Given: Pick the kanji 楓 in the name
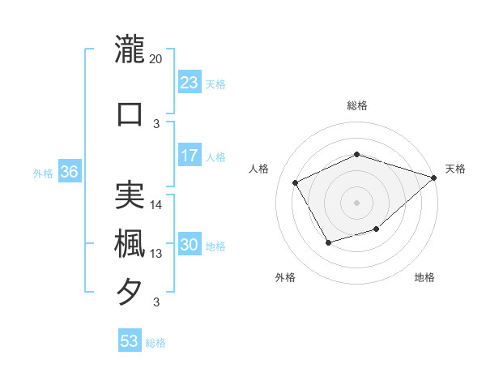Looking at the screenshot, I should click(130, 243).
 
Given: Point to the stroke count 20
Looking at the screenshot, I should click(156, 59).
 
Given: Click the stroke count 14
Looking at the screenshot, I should click(156, 204).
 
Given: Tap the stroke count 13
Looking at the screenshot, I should click(156, 254).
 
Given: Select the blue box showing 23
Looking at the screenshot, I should click(189, 83).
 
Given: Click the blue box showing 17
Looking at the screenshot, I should click(189, 156).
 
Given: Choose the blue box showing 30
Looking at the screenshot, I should click(190, 246).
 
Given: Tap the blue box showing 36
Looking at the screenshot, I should click(69, 172).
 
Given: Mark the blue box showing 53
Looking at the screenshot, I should click(130, 341).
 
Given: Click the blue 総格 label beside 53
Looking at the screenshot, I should click(156, 343).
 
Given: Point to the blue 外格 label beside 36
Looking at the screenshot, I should click(43, 173).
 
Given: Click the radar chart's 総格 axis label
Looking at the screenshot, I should click(356, 105).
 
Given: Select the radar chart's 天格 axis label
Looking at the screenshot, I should click(455, 169).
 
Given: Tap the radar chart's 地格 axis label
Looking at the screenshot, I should click(424, 278).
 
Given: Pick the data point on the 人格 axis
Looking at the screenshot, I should click(295, 182).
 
